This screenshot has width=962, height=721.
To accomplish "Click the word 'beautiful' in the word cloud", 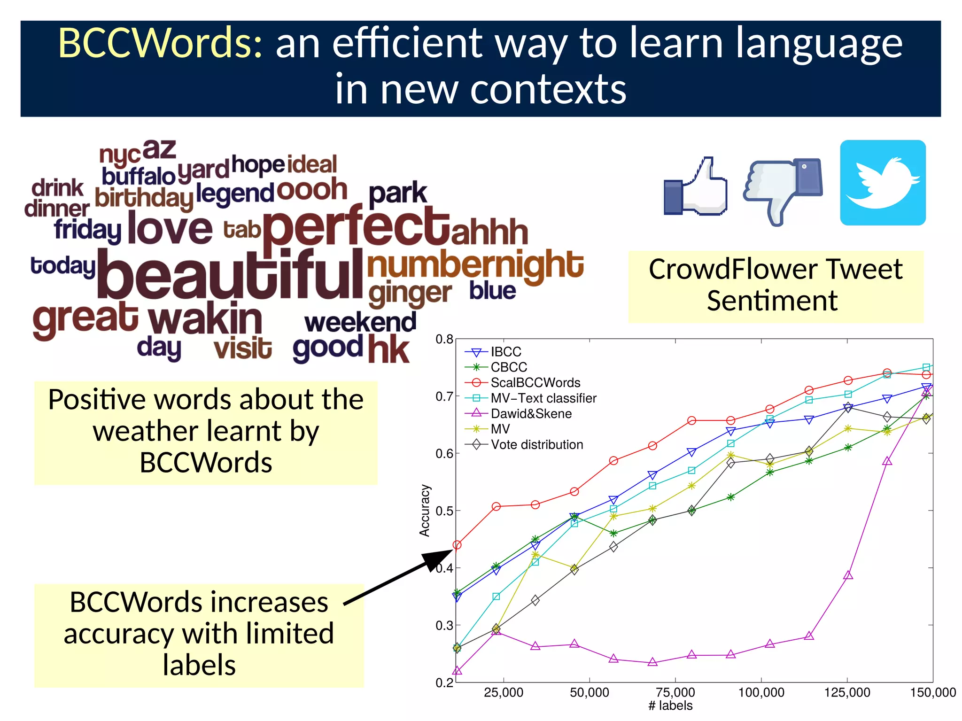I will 230,276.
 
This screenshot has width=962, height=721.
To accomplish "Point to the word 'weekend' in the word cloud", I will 360,323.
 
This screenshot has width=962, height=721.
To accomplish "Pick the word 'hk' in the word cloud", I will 388,350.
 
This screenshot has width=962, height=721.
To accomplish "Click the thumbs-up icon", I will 695,187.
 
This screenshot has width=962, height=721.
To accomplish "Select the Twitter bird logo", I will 883,183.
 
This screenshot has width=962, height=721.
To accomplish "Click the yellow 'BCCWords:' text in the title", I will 160,43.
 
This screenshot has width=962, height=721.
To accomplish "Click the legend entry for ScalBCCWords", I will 535,382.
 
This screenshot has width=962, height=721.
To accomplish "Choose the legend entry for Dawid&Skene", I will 531,413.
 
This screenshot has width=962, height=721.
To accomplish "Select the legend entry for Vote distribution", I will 536,444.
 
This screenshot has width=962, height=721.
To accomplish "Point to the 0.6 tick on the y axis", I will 444,453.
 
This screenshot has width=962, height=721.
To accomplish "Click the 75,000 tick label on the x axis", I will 675,692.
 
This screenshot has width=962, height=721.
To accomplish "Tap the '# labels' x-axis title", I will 670,705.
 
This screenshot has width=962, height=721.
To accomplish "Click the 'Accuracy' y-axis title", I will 425,511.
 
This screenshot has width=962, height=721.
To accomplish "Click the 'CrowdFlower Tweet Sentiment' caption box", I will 776,286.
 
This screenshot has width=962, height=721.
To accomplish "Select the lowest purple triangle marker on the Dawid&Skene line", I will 457,670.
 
